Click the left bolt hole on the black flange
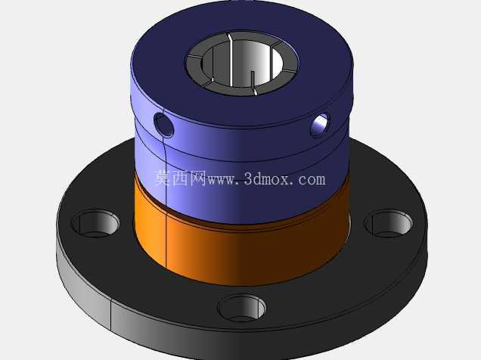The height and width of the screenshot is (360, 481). click(x=95, y=223)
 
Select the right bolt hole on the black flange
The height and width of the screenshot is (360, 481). click(x=388, y=224)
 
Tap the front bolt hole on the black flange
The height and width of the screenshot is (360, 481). click(x=242, y=308)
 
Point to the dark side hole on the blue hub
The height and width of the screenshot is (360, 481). click(x=164, y=125)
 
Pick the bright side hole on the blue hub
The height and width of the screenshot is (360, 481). click(x=320, y=125)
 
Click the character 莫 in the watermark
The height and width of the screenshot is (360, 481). click(x=163, y=178)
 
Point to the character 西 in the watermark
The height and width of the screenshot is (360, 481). click(x=180, y=178)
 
